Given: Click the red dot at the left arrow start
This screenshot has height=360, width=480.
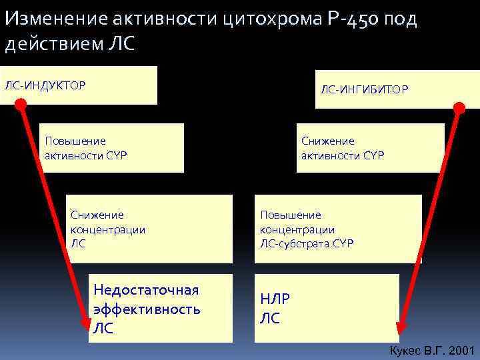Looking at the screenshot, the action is [21, 104].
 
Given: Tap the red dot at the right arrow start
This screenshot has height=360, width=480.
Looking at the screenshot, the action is [459, 107].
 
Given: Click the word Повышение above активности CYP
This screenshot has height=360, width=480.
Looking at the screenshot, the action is [75, 141].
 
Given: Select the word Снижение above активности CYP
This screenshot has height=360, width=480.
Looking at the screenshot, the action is [328, 141].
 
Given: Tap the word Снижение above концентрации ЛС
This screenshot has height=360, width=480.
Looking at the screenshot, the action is [97, 215].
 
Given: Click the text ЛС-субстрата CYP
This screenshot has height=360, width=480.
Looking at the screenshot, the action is [307, 243].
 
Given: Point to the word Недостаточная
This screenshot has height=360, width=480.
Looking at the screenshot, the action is [146, 290].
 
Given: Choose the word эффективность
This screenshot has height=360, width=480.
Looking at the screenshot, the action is [147, 309].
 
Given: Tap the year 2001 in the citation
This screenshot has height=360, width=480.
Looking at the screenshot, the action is [461, 351].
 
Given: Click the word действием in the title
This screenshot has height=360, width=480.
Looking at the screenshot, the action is [55, 44].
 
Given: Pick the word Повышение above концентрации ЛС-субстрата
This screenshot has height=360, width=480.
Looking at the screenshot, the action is [291, 215].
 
